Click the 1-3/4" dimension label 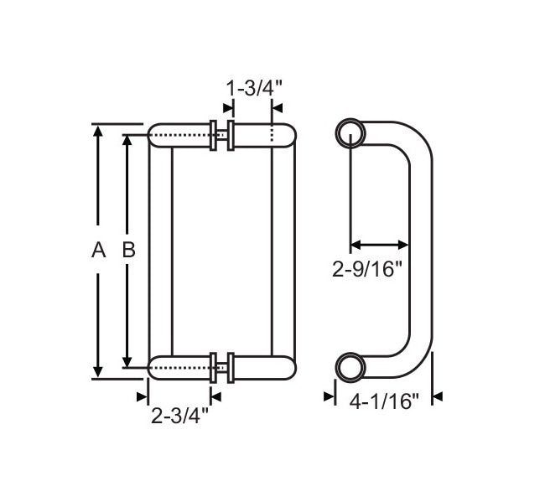252,86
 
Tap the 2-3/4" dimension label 180,414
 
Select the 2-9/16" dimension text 368,269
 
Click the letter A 98,249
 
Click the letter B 128,249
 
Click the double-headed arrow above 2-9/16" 379,245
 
